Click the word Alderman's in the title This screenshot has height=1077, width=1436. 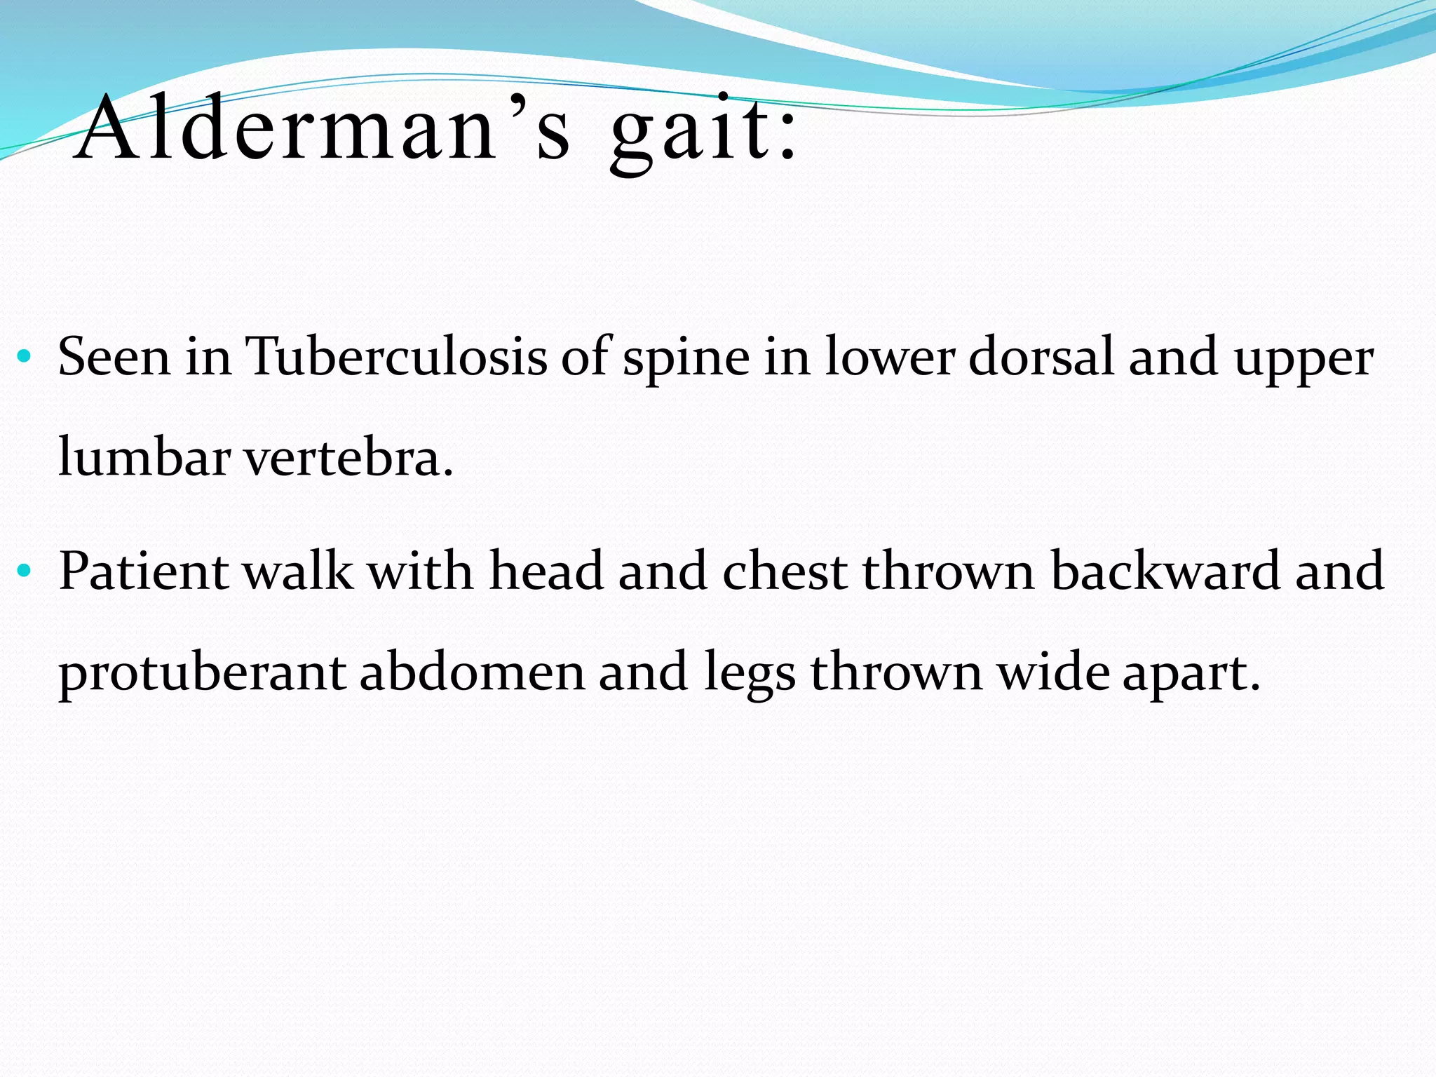point(323,130)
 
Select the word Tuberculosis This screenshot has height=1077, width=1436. point(396,357)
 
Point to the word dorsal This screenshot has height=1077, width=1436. point(1041,357)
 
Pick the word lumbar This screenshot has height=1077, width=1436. point(144,457)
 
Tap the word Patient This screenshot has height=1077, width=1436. point(144,571)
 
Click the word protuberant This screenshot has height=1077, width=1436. point(202,673)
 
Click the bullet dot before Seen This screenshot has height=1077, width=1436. point(25,356)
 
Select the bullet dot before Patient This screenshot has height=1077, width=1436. point(25,570)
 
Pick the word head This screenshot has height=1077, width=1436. point(546,571)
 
